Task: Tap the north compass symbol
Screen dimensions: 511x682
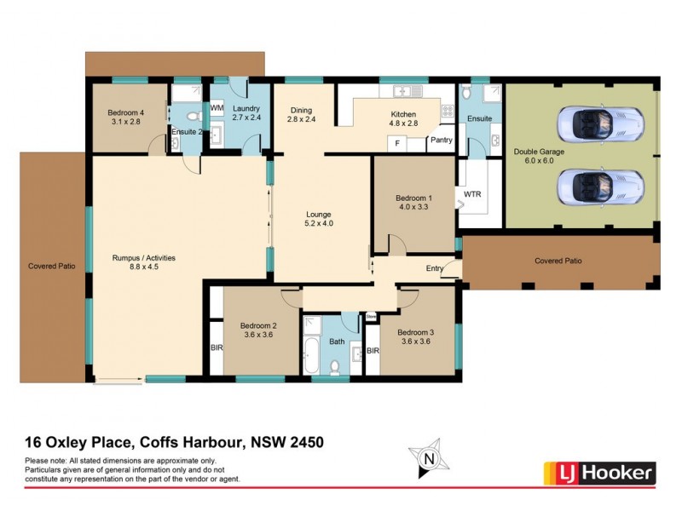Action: tap(429, 459)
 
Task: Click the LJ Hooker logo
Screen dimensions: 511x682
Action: tap(599, 472)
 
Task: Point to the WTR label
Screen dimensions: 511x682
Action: tap(472, 194)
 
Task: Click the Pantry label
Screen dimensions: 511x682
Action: tap(441, 141)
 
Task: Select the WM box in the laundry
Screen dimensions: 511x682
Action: tap(217, 108)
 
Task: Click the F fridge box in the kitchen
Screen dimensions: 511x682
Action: tap(396, 144)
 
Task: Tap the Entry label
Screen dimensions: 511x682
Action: tap(435, 269)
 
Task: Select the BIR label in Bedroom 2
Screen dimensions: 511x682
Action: tap(217, 347)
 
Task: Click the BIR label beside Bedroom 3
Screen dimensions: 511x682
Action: tap(372, 351)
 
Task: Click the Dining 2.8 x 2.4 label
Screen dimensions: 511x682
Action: tap(300, 115)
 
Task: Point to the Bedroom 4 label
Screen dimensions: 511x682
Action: tap(125, 117)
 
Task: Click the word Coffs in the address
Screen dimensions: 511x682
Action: tap(147, 442)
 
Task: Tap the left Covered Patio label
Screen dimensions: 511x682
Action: tap(51, 266)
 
